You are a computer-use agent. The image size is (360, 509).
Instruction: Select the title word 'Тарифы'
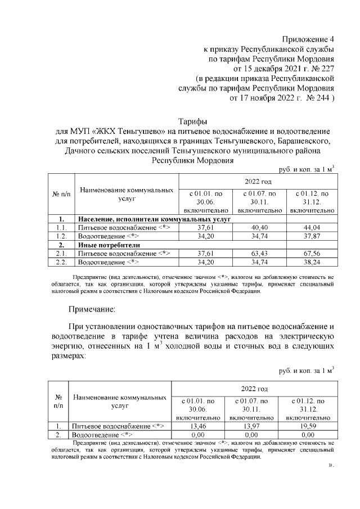click(192, 121)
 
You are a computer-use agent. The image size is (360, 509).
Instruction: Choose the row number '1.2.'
click(62, 237)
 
